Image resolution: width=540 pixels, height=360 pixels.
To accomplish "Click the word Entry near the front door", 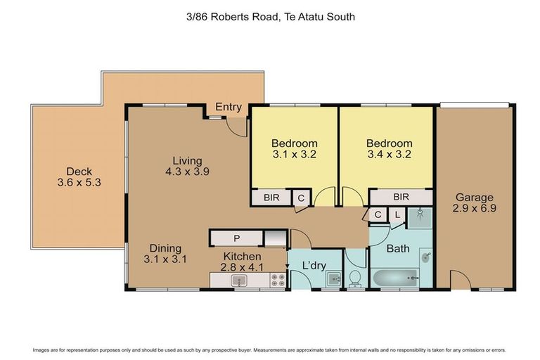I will [229, 108].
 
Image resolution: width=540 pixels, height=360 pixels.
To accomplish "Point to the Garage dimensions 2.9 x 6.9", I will [474, 210].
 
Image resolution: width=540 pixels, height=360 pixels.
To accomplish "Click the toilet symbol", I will [356, 278].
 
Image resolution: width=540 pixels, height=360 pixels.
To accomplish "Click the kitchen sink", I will [240, 281].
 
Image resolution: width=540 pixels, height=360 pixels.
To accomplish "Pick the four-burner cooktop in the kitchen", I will [277, 280].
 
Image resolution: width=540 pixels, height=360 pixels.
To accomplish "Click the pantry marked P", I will [237, 238].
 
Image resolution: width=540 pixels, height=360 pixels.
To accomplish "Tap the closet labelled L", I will [397, 215].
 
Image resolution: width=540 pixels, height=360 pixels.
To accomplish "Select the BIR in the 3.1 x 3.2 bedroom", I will [271, 198].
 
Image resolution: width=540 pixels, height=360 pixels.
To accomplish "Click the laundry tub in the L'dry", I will [333, 280].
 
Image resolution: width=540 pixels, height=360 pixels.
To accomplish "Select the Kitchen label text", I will [242, 256].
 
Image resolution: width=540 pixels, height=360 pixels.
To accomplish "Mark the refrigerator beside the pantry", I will [276, 238].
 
